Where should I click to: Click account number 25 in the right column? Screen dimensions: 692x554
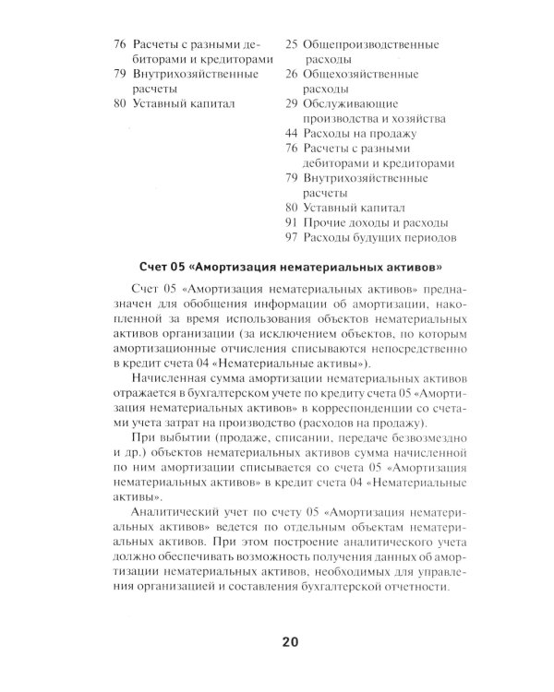(x=290, y=44)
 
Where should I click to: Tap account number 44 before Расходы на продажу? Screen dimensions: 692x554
(x=290, y=134)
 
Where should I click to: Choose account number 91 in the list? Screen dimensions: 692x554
(x=290, y=223)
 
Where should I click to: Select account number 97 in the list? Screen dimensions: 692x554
(x=290, y=238)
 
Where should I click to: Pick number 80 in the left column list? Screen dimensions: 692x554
(x=118, y=104)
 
